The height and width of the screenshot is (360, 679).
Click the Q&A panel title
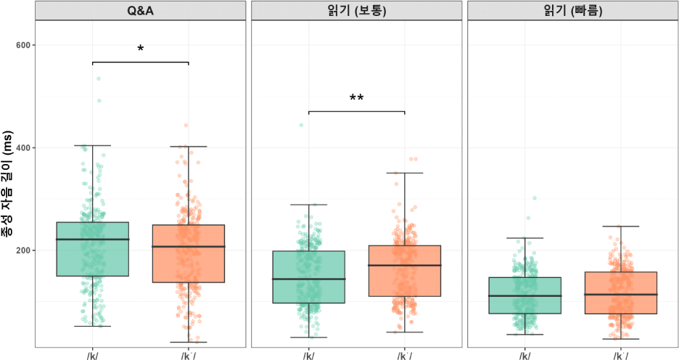click(140, 11)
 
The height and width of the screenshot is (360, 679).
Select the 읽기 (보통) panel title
click(356, 11)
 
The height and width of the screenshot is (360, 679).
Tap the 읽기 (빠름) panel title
click(572, 11)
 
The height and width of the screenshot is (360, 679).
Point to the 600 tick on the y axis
click(25, 45)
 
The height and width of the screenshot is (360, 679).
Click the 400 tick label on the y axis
click(25, 147)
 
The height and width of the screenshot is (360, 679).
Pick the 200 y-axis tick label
click(25, 250)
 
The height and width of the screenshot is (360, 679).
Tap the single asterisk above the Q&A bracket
click(140, 50)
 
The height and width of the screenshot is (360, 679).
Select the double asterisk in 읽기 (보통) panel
click(356, 99)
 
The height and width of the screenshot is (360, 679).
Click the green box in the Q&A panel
click(92, 249)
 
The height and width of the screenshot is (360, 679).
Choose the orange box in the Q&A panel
click(188, 254)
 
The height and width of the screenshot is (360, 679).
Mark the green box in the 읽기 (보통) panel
click(308, 277)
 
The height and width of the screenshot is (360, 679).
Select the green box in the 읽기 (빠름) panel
click(524, 295)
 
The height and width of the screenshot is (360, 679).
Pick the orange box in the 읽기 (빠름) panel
click(620, 293)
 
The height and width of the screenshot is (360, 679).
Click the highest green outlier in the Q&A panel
click(99, 78)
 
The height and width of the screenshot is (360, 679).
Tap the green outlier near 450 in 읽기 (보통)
click(301, 125)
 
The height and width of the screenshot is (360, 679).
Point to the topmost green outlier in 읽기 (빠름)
click(535, 197)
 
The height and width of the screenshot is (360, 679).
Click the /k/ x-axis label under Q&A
click(92, 355)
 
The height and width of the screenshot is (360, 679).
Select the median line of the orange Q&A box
click(188, 247)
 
